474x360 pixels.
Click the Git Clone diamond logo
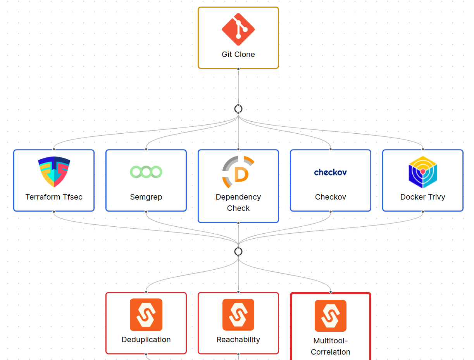[x=238, y=29]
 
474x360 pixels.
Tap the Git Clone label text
[x=238, y=54]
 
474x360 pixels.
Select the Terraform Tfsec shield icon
[x=54, y=172]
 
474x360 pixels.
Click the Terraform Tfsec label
[x=54, y=197]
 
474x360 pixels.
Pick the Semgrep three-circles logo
[x=146, y=172]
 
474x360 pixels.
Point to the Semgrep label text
[x=146, y=197]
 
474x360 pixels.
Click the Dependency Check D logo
[x=238, y=172]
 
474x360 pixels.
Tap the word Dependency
[x=238, y=197]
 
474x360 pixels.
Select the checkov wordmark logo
[x=331, y=172]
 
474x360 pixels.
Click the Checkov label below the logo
[x=331, y=197]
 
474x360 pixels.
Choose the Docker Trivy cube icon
[x=423, y=172]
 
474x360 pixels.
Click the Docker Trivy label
[x=423, y=197]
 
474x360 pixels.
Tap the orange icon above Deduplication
[x=146, y=315]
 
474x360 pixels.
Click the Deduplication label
[x=146, y=339]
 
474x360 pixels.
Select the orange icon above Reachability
[x=238, y=315]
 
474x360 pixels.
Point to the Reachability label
[x=238, y=339]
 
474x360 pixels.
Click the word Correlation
[x=331, y=352]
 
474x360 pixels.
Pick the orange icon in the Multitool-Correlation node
[x=331, y=315]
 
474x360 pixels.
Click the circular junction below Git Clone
[x=238, y=109]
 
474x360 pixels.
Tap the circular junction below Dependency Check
[x=238, y=251]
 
